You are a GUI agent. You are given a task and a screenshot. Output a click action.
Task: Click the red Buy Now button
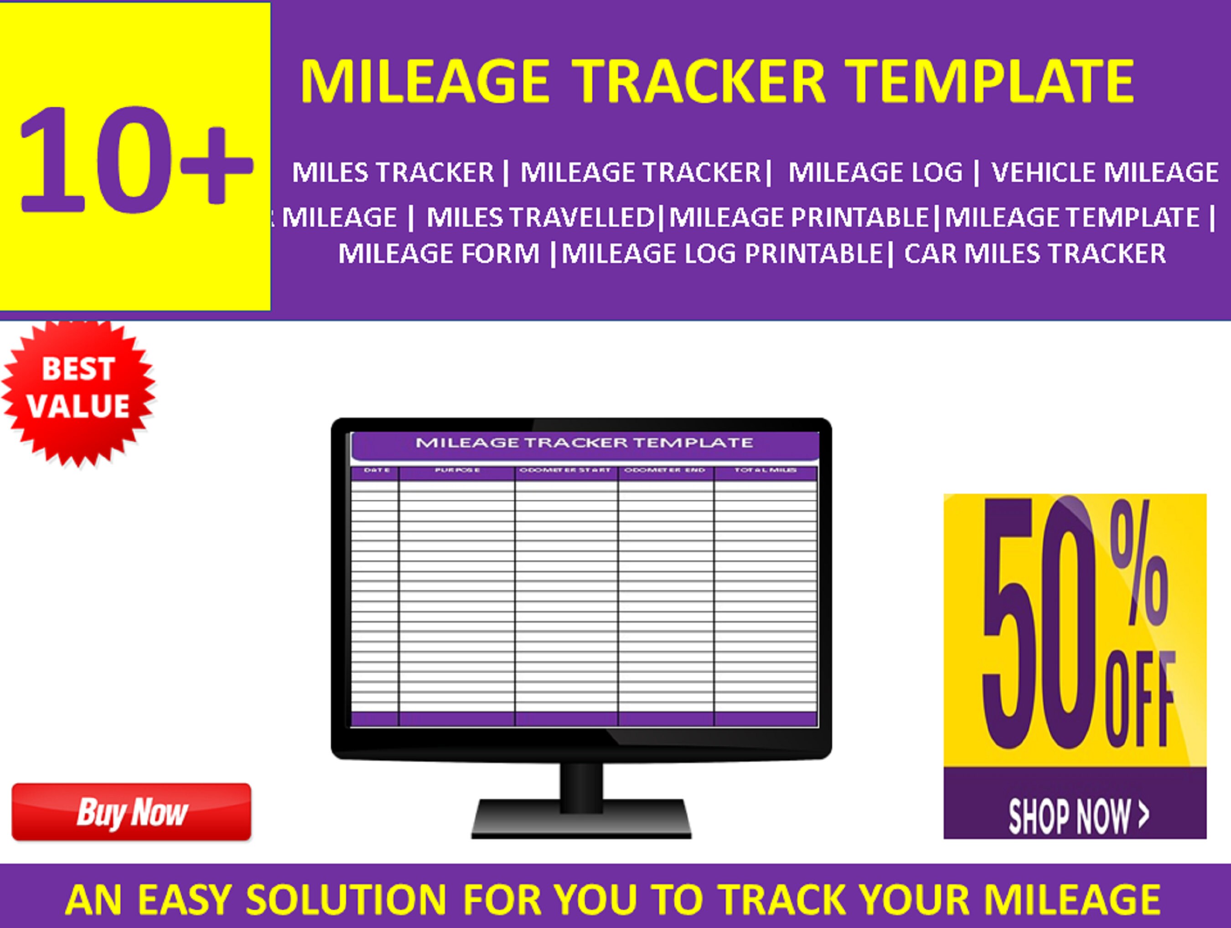(131, 812)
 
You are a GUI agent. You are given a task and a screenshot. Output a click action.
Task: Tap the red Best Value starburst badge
(78, 388)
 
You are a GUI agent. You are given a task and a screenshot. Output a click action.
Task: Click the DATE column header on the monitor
(376, 471)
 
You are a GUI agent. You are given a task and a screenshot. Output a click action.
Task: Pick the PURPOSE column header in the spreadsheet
(457, 471)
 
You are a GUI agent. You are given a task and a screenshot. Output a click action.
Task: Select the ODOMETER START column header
(565, 471)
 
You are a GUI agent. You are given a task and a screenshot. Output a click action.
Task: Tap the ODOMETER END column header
(665, 471)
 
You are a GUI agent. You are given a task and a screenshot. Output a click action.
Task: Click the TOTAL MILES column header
(765, 471)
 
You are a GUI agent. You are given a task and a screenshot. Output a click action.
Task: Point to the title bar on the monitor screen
(584, 444)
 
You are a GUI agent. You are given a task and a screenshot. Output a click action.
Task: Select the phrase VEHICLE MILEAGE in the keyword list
(1105, 172)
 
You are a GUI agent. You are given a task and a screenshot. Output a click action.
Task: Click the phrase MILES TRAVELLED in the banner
(540, 217)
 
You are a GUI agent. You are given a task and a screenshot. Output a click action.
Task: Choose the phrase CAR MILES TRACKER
(1034, 254)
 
